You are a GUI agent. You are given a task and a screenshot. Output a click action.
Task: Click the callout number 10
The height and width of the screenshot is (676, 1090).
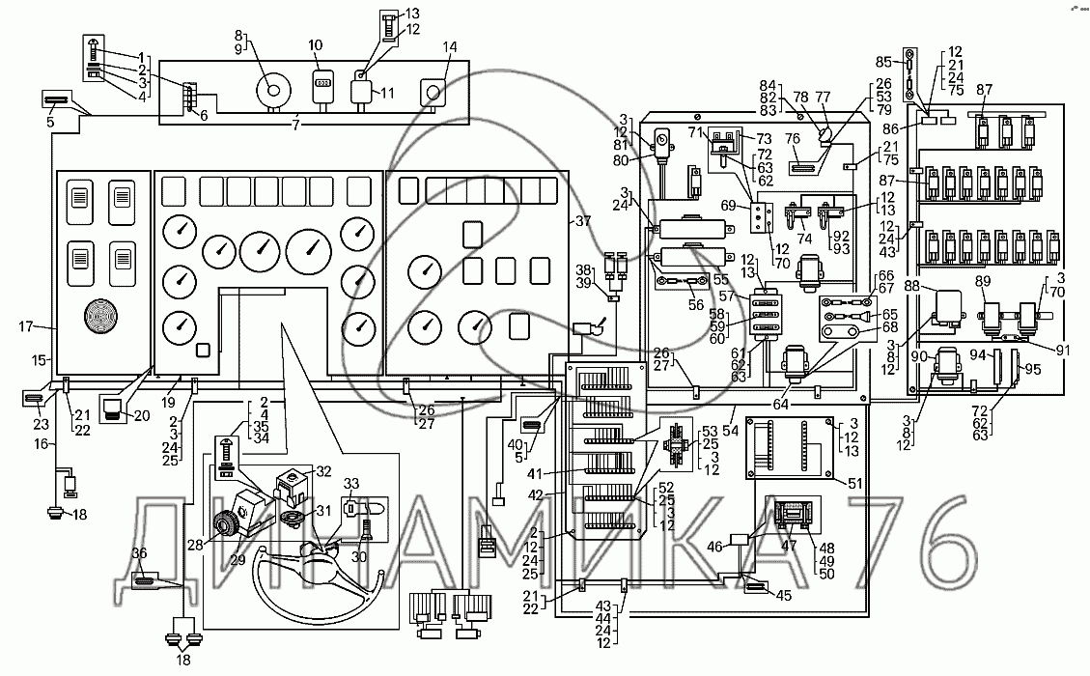pyautogui.click(x=317, y=45)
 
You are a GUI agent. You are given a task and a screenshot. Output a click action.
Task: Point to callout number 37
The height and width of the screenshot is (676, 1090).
pyautogui.click(x=582, y=221)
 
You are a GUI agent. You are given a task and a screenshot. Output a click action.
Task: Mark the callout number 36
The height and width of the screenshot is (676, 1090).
pyautogui.click(x=140, y=552)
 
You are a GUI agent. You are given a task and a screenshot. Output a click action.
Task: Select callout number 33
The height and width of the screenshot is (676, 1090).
pyautogui.click(x=350, y=483)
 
